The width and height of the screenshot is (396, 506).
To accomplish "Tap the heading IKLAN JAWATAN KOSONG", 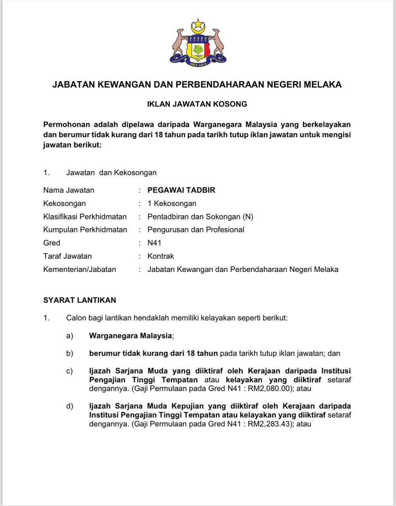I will [197, 104].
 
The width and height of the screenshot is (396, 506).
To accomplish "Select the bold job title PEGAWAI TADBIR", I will [181, 190].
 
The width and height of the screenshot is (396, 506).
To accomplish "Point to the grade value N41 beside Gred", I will [154, 243].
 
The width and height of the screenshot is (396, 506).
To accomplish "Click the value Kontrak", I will [160, 256].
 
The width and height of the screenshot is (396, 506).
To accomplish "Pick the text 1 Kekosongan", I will [172, 204].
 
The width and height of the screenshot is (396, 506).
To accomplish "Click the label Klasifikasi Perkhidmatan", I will [85, 217].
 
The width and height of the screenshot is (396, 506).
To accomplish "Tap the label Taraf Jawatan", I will [68, 256].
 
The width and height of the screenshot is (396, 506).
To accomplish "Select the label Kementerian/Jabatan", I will [80, 270].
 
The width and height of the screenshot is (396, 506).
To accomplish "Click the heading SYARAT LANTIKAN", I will [80, 300].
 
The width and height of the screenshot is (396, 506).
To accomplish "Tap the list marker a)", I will [70, 336].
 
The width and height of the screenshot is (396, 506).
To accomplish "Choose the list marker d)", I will [70, 406].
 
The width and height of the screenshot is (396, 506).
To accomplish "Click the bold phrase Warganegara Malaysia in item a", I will [130, 336].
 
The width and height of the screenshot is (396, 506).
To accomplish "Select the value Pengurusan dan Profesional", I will [196, 230].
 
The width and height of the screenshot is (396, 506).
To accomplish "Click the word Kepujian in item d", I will [188, 406].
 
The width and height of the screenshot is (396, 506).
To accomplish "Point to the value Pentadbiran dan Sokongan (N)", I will [200, 217].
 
